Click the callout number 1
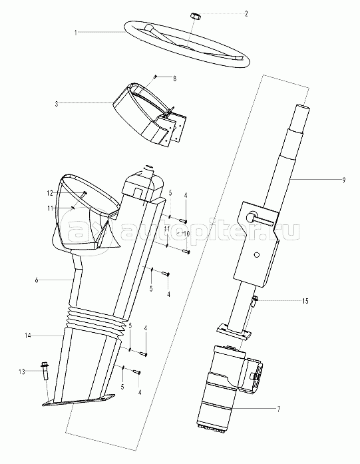(x=76, y=33)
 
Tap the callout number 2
(x=246, y=13)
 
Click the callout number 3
(x=56, y=104)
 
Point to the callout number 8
(x=174, y=79)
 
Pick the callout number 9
(x=343, y=180)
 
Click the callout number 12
(x=49, y=194)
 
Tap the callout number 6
(x=37, y=280)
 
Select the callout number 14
(x=28, y=336)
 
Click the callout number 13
(x=22, y=371)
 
